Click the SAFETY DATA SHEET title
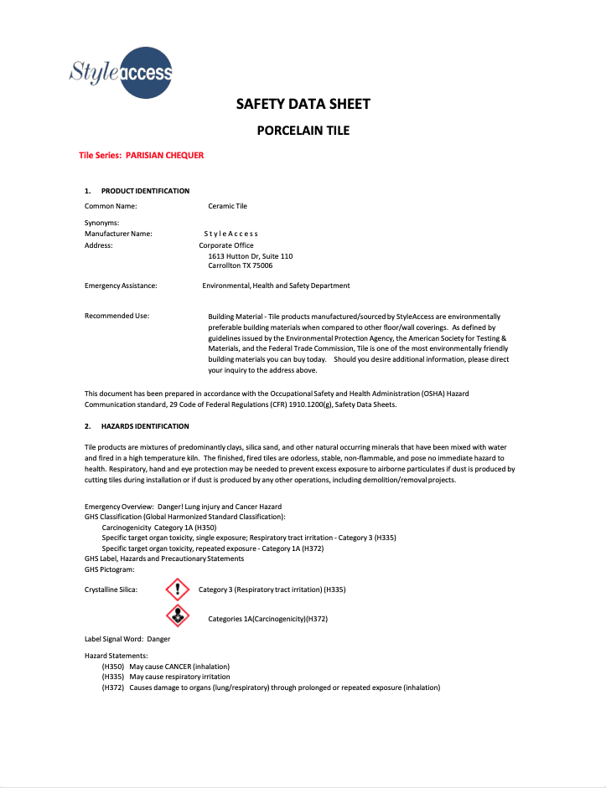click(303, 105)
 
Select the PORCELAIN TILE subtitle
click(303, 131)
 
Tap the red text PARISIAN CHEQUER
click(165, 156)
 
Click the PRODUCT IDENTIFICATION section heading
click(145, 191)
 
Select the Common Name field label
click(111, 205)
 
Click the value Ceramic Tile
click(227, 205)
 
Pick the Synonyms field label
click(102, 223)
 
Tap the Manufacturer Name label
click(118, 234)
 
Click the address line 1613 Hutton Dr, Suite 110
click(251, 255)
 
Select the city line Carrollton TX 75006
click(241, 265)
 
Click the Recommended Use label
click(117, 316)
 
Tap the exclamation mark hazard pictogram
click(177, 589)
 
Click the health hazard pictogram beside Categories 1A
click(177, 617)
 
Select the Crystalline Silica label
click(111, 590)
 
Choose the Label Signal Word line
click(127, 639)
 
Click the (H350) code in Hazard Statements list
click(113, 667)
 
